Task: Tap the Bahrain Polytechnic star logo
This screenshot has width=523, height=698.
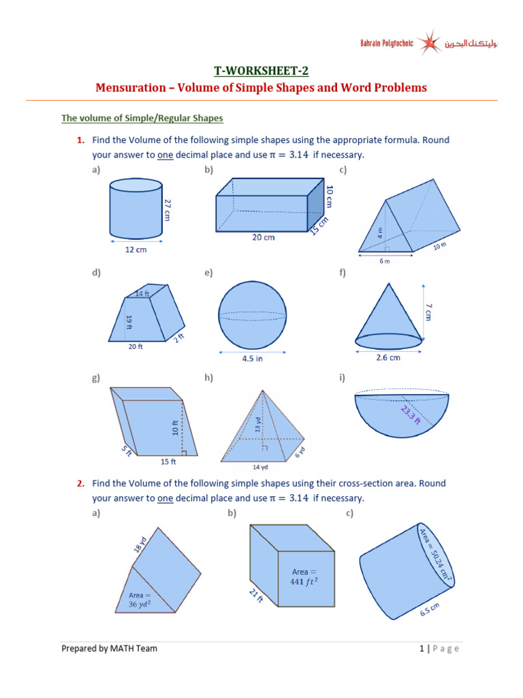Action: click(429, 44)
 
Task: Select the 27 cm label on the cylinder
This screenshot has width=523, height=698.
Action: click(168, 209)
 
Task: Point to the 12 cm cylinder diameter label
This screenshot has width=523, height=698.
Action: click(135, 249)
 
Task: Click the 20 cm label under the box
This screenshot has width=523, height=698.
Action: click(263, 237)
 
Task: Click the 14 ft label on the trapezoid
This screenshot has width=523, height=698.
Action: click(142, 294)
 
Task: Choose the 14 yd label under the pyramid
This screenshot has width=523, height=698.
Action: click(261, 468)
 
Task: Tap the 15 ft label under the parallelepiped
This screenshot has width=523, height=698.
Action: click(168, 461)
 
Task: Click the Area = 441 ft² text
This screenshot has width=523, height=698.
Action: click(304, 576)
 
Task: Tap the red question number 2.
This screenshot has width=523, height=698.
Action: click(80, 483)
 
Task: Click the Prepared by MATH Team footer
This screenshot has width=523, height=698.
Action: click(109, 648)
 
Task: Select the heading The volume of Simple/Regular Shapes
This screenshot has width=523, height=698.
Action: click(142, 118)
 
